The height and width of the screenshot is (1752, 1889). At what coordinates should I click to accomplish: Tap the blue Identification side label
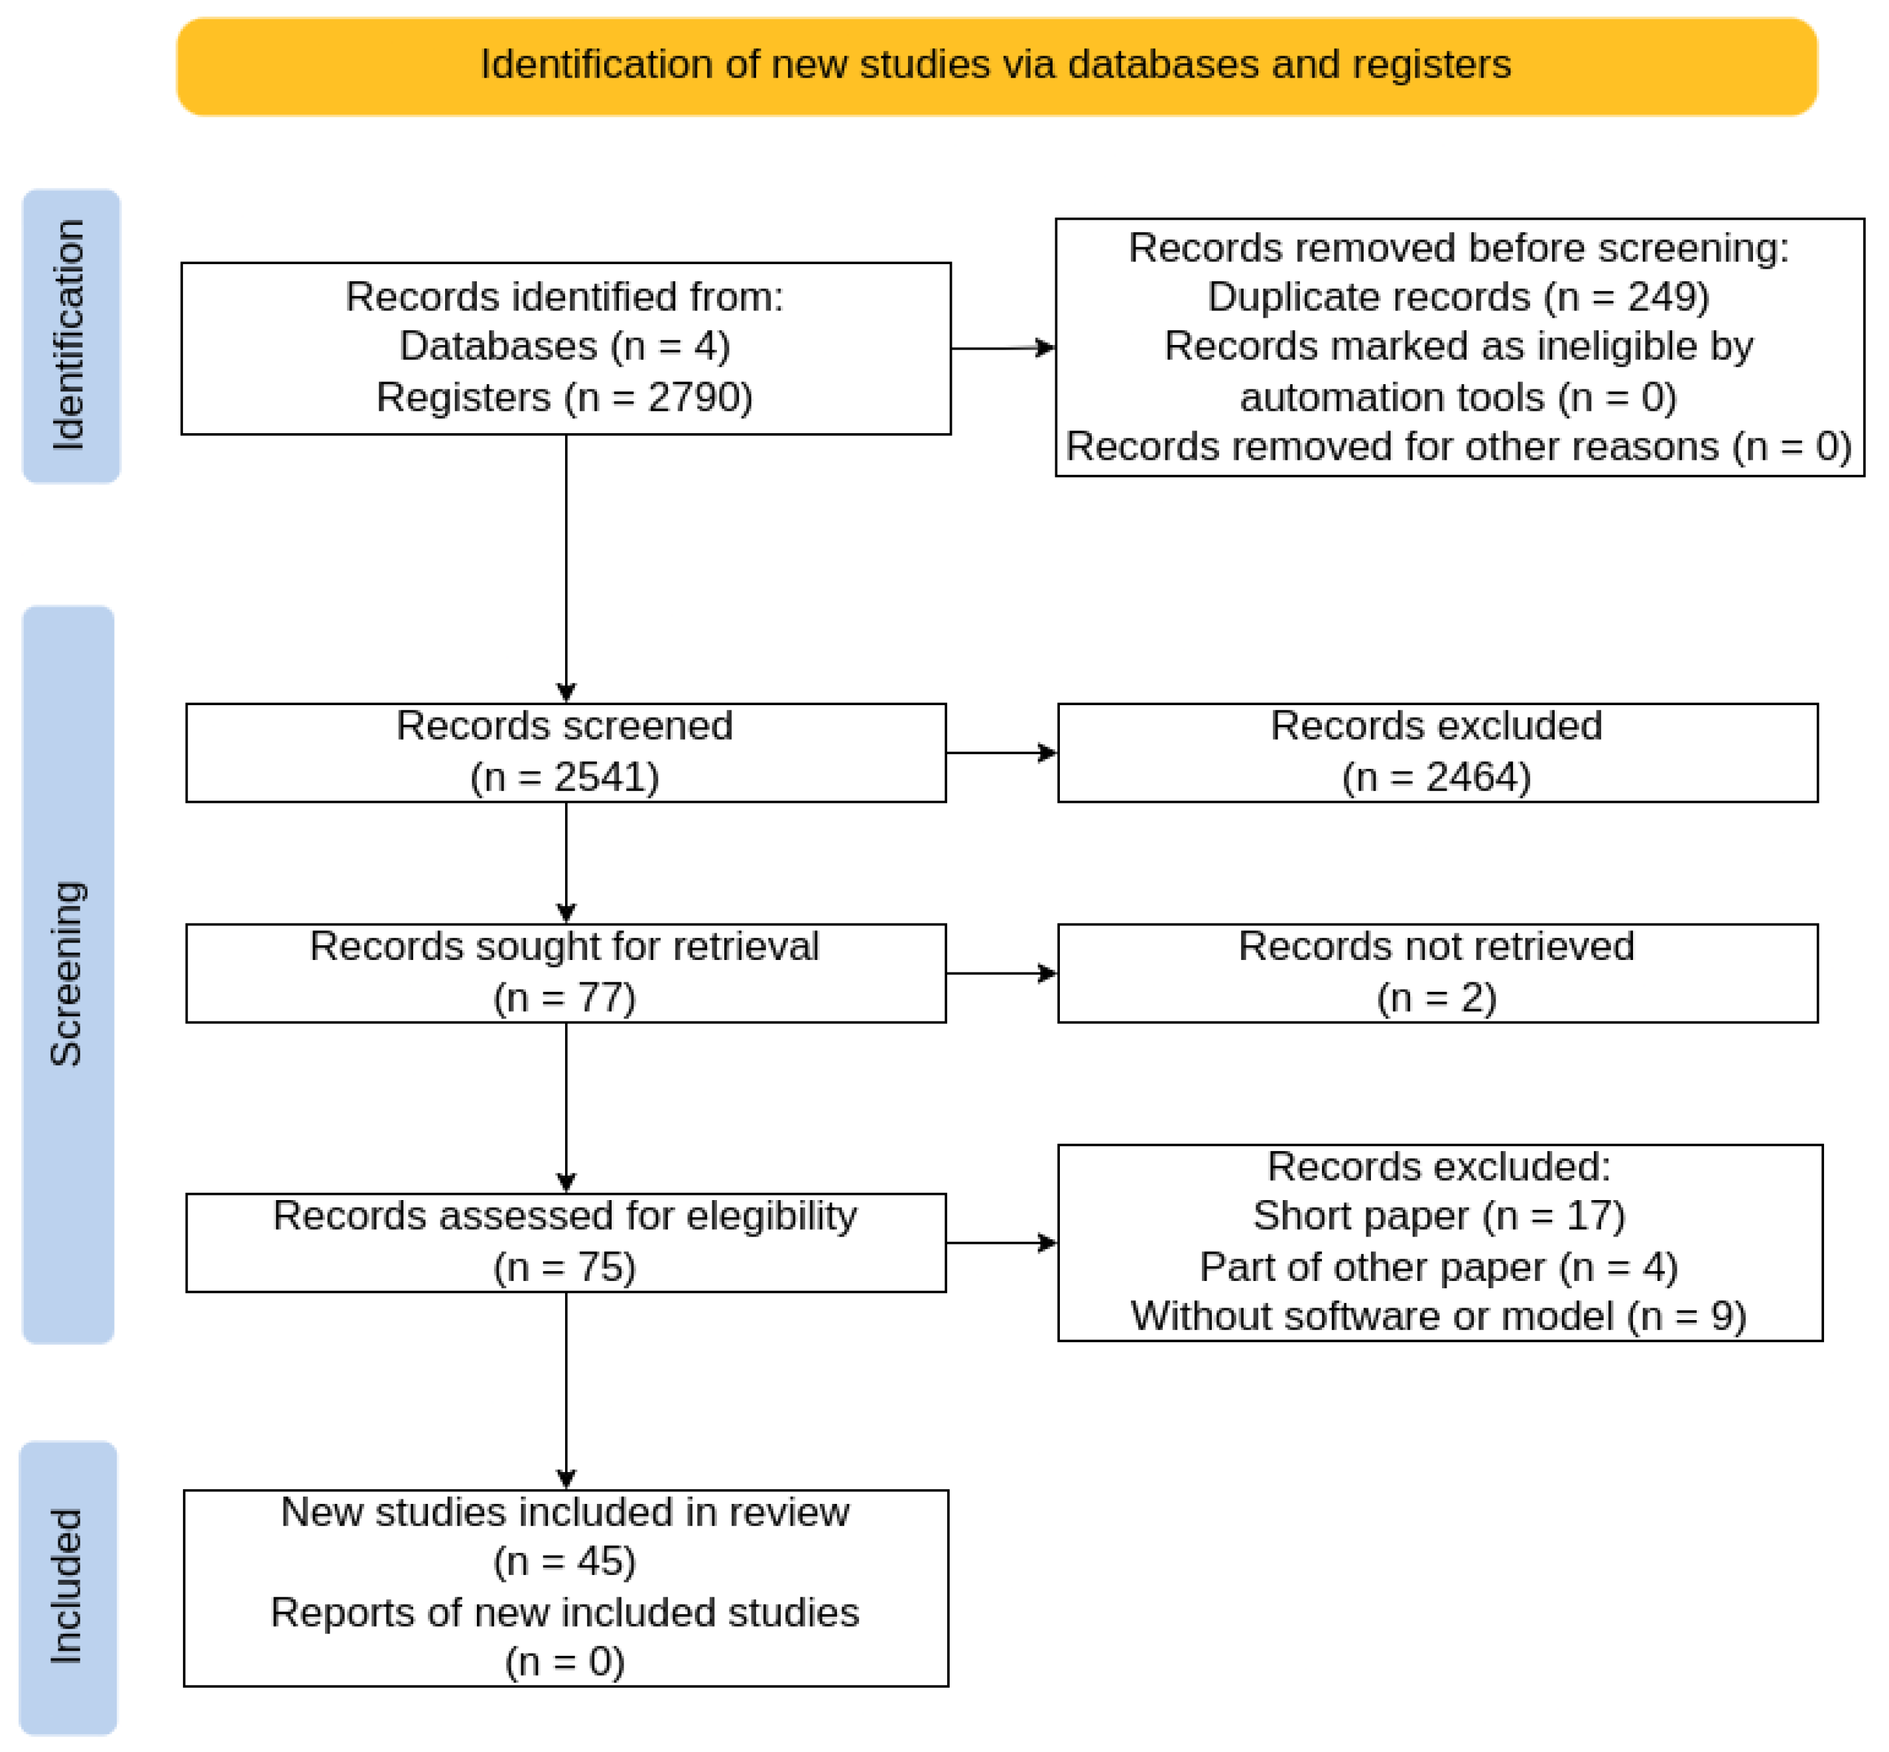tap(71, 336)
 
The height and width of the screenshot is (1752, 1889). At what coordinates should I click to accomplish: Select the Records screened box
tap(566, 753)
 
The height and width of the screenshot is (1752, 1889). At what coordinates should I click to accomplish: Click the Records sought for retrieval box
tap(566, 973)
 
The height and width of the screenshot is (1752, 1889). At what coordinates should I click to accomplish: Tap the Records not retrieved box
tap(1437, 973)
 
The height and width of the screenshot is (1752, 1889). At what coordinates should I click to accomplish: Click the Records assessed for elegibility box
tap(566, 1242)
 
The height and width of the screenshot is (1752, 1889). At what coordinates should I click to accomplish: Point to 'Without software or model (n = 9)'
tap(1438, 1316)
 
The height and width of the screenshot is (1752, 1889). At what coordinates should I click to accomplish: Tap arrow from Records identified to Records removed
tap(1003, 348)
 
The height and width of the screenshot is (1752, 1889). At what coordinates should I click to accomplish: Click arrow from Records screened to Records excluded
tap(1001, 753)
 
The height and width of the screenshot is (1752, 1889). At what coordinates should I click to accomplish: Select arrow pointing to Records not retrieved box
tap(1001, 973)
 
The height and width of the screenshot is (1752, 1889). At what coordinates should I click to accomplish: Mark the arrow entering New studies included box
tap(566, 1441)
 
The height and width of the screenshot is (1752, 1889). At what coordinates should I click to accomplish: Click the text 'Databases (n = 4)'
tap(565, 346)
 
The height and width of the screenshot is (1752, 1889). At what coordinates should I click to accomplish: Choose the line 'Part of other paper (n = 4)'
tap(1438, 1266)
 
